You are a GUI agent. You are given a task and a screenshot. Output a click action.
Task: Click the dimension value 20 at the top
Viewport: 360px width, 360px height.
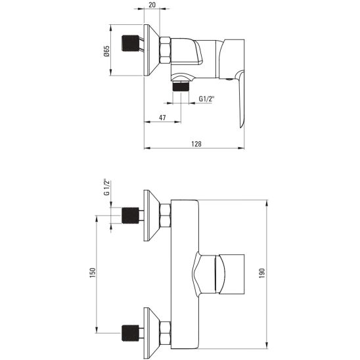point(152,5)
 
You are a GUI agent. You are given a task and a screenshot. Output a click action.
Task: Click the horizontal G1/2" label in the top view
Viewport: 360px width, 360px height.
point(207,99)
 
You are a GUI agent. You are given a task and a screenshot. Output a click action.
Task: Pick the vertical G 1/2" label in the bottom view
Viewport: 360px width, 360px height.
point(105,187)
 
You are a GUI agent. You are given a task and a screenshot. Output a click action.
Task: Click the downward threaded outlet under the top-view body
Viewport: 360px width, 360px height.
point(181,85)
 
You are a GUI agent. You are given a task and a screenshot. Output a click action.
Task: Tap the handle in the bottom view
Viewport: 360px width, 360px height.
point(227,273)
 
